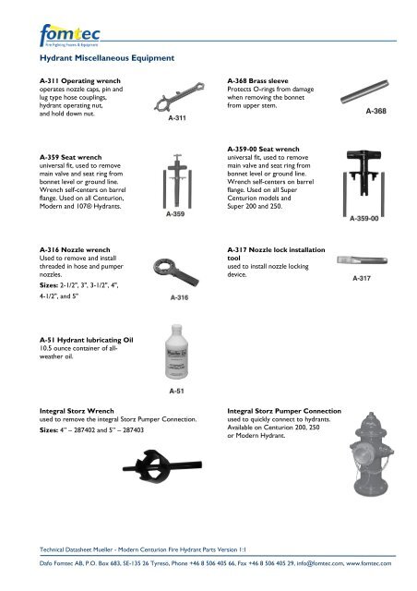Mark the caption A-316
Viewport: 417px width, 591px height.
(x=180, y=297)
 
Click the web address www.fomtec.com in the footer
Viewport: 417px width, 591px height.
(x=371, y=562)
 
